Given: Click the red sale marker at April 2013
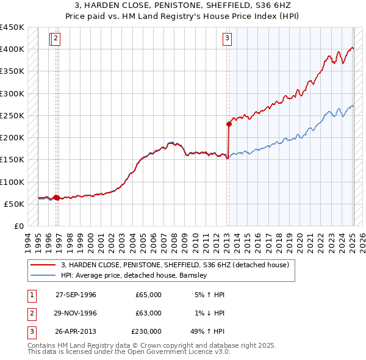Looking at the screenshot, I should pyautogui.click(x=229, y=124).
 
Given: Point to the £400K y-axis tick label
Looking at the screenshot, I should pyautogui.click(x=12, y=49).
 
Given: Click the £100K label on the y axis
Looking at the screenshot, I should pyautogui.click(x=12, y=182).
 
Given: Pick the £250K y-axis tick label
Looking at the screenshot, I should pyautogui.click(x=12, y=115).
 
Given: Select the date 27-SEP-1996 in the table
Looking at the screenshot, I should pyautogui.click(x=76, y=295).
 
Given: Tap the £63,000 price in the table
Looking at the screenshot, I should pyautogui.click(x=149, y=313).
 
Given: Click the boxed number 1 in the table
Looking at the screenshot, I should pyautogui.click(x=30, y=295).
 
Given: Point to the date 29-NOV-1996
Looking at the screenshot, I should pyautogui.click(x=76, y=313).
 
